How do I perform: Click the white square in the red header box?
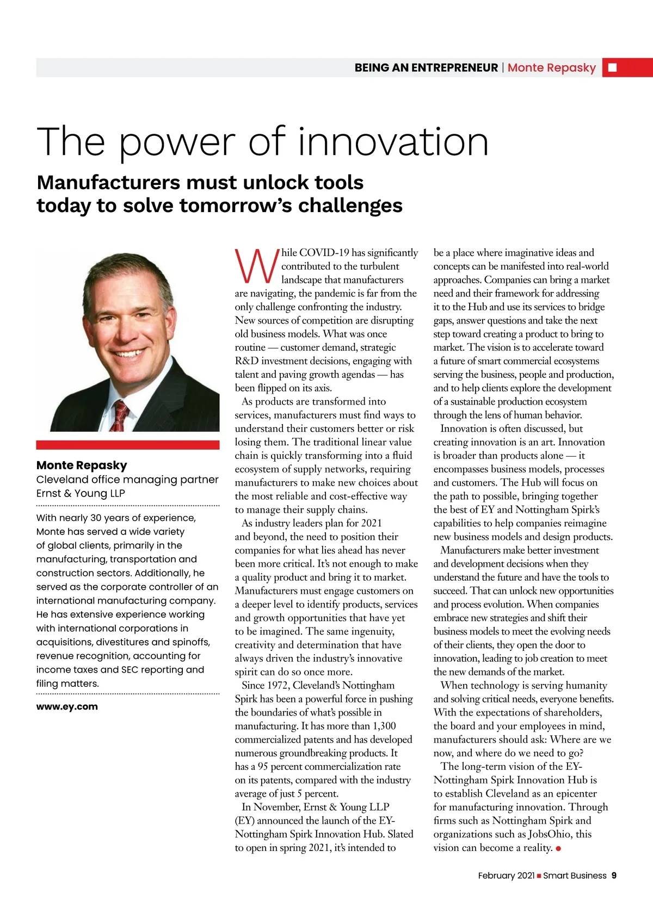[x=612, y=67]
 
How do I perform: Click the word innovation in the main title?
[x=393, y=141]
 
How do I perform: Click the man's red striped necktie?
[x=120, y=416]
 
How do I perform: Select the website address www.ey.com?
[x=67, y=706]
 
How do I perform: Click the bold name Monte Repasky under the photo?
[x=82, y=465]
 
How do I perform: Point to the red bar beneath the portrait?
[x=128, y=445]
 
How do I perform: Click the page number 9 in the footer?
[x=614, y=875]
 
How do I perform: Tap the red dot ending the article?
[x=558, y=848]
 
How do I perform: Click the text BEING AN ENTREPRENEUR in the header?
[x=426, y=67]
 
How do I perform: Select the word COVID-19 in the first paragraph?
[x=324, y=252]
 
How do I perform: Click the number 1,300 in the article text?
[x=384, y=726]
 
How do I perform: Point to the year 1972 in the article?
[x=278, y=685]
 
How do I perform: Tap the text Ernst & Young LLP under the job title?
[x=81, y=493]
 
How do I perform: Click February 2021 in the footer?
[x=506, y=875]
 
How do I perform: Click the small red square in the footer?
[x=539, y=876]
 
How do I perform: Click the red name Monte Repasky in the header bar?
[x=551, y=67]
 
